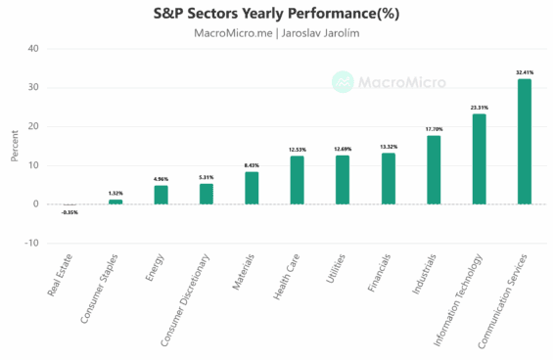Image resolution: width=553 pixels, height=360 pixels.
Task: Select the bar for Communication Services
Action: click(524, 142)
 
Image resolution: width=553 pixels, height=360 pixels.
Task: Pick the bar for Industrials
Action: click(434, 170)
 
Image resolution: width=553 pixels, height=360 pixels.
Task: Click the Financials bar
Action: click(388, 179)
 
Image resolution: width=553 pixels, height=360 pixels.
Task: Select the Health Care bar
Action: click(298, 180)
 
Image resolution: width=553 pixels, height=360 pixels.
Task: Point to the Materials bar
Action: click(252, 188)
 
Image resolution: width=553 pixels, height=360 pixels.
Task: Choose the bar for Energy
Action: click(161, 195)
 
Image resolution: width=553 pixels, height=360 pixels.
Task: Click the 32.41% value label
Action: click(524, 72)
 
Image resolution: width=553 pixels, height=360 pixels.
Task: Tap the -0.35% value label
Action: click(69, 212)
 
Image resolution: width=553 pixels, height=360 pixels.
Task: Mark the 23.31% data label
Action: click(479, 108)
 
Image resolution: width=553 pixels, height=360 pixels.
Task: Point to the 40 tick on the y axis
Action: click(33, 49)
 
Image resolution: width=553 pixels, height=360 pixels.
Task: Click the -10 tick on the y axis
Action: click(31, 244)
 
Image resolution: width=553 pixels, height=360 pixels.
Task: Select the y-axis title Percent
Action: click(13, 147)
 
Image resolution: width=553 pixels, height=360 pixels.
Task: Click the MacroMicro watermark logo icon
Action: click(343, 82)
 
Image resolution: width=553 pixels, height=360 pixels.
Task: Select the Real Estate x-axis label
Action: click(61, 276)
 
